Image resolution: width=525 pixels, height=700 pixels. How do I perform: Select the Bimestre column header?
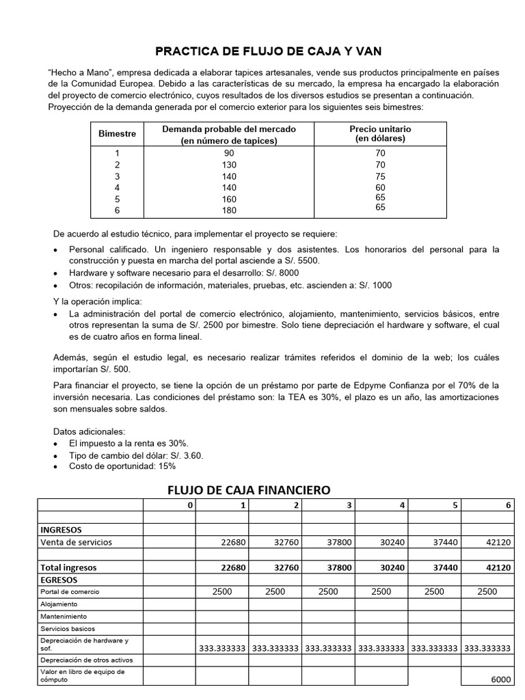pyautogui.click(x=118, y=133)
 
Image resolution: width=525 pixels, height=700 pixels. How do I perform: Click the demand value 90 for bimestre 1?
pyautogui.click(x=228, y=153)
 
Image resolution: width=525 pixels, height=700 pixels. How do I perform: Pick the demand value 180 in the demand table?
pyautogui.click(x=228, y=211)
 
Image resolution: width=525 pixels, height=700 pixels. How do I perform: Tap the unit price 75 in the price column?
pyautogui.click(x=380, y=176)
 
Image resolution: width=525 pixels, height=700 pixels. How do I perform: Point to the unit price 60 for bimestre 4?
pyautogui.click(x=380, y=187)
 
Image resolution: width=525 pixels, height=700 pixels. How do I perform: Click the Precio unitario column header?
pyautogui.click(x=380, y=133)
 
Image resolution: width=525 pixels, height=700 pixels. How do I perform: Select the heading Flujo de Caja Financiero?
pyautogui.click(x=249, y=489)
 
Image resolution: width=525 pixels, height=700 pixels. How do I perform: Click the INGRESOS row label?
pyautogui.click(x=62, y=529)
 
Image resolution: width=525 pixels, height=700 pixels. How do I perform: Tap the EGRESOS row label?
pyautogui.click(x=60, y=578)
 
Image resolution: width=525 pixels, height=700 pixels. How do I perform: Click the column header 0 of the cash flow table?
pyautogui.click(x=191, y=504)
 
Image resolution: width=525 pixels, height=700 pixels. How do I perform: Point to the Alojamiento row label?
pyautogui.click(x=59, y=604)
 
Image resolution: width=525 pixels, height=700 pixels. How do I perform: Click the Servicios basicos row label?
pyautogui.click(x=68, y=628)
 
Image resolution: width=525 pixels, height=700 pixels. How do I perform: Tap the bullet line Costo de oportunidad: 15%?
pyautogui.click(x=122, y=466)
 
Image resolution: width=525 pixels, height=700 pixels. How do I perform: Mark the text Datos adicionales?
pyautogui.click(x=89, y=431)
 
